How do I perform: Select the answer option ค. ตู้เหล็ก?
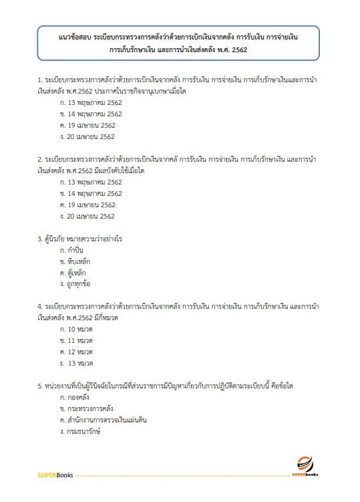click(x=72, y=273)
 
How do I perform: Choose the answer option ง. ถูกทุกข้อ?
click(x=74, y=284)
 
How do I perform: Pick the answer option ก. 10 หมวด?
click(x=75, y=330)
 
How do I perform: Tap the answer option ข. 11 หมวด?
click(x=75, y=341)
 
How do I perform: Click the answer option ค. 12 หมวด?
click(x=75, y=352)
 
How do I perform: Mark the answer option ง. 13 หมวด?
click(x=76, y=363)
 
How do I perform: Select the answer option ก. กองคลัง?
click(x=73, y=397)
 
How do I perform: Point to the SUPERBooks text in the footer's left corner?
click(x=55, y=475)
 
